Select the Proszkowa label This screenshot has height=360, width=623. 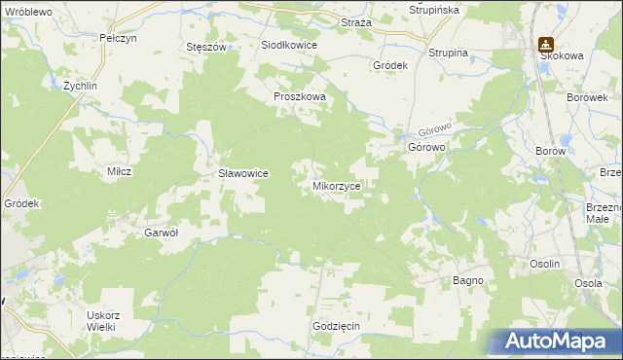click(x=299, y=97)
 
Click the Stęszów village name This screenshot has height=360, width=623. click(x=205, y=47)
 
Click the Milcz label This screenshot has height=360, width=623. click(x=119, y=171)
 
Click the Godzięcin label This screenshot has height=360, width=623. click(x=337, y=326)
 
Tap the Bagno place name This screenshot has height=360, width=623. click(x=468, y=280)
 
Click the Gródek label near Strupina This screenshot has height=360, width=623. click(x=389, y=65)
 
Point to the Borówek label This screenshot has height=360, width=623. click(x=587, y=98)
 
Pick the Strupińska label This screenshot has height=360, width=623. click(x=433, y=10)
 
